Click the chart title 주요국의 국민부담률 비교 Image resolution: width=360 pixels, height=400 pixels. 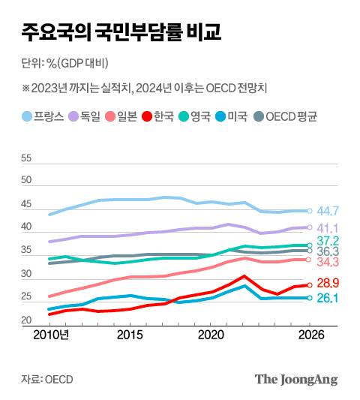click(121, 32)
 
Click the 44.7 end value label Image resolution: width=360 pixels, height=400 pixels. click(328, 211)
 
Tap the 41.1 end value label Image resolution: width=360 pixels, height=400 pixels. click(328, 227)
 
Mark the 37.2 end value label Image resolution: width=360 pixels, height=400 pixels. click(328, 241)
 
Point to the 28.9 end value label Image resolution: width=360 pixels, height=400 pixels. click(328, 283)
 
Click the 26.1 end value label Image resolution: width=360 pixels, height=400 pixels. click(328, 298)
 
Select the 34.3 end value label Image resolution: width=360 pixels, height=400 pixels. click(328, 262)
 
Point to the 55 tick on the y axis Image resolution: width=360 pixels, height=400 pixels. click(27, 159)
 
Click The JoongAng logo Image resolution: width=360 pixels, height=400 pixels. click(296, 379)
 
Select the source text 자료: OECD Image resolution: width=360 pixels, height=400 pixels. click(47, 379)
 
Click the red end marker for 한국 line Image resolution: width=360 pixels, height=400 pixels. click(310, 285)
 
